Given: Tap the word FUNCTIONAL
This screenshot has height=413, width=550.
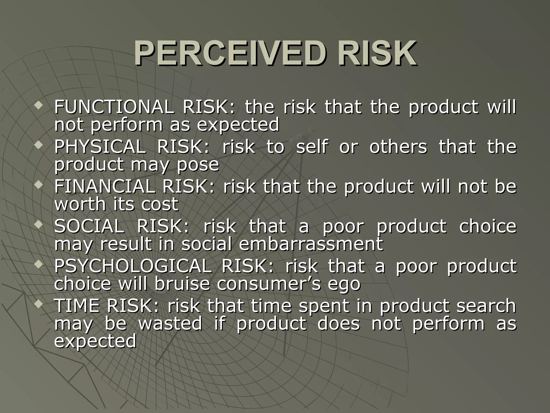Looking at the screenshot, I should (113, 107).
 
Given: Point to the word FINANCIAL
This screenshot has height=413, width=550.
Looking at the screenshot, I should (105, 186).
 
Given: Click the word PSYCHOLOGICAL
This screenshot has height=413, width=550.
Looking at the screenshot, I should (133, 266).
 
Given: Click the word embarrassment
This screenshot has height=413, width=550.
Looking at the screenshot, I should (310, 244).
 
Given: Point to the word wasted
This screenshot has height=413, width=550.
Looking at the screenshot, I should (170, 323).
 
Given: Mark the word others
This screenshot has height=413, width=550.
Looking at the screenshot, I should (398, 147).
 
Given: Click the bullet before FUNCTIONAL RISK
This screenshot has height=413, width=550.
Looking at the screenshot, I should (39, 105).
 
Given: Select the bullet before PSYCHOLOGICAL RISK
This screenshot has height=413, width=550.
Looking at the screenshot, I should (39, 264).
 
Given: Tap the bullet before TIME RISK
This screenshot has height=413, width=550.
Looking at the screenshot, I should (39, 304).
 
